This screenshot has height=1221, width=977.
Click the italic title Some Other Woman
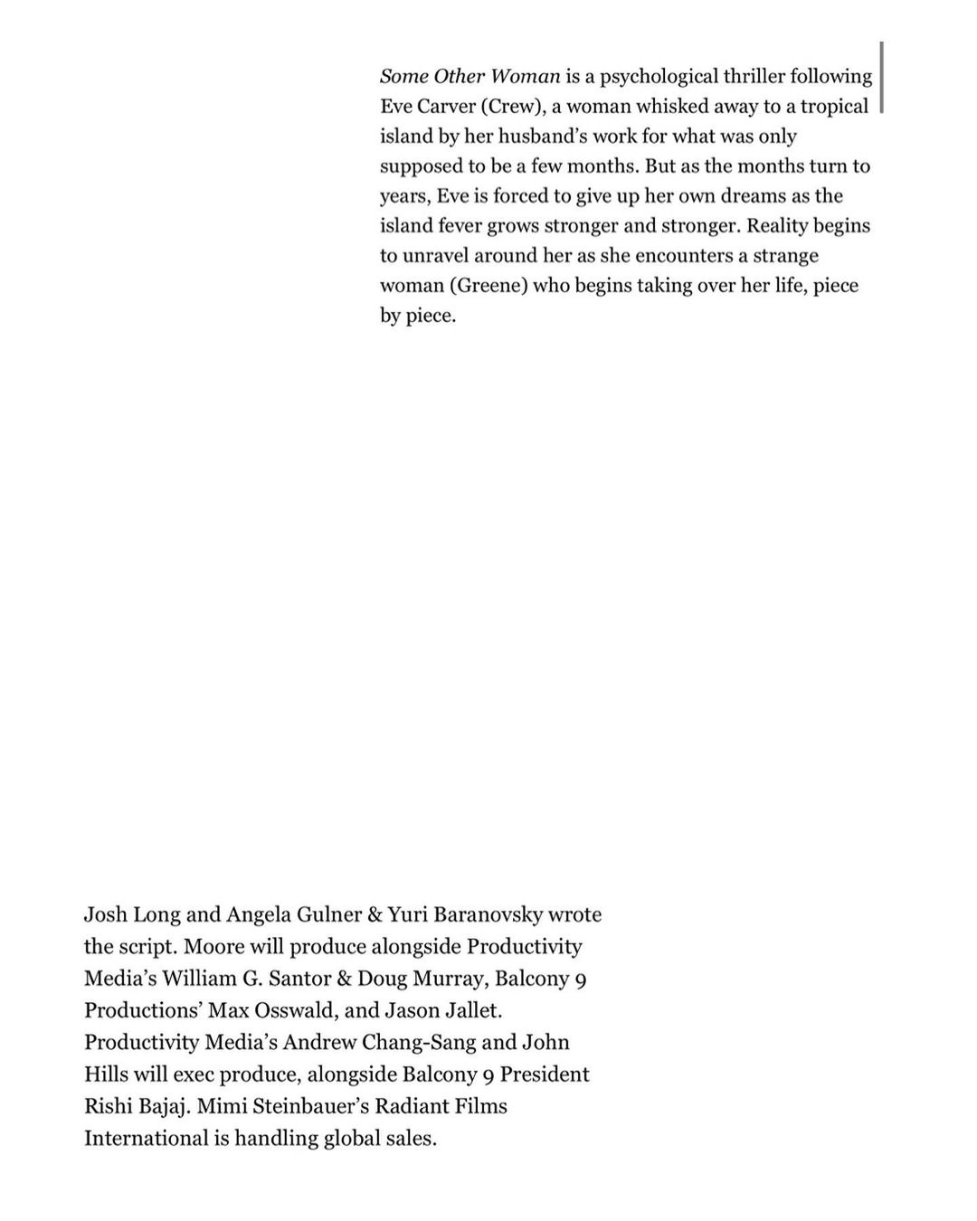click(470, 76)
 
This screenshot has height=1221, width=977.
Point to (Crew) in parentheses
click(513, 106)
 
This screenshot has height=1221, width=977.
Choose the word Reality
click(777, 225)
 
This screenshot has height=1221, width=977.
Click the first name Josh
click(105, 914)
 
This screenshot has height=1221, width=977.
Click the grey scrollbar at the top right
click(881, 76)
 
